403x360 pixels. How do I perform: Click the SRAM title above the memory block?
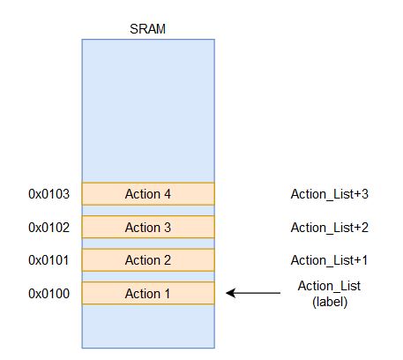147,29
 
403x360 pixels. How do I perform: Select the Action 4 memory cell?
148,194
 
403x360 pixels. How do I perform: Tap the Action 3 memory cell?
148,227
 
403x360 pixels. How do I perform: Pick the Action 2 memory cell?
148,260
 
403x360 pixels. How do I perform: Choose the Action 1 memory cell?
148,293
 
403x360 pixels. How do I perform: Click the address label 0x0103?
49,194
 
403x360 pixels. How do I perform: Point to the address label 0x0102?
49,228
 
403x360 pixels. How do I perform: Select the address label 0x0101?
49,260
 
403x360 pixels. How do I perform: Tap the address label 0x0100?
49,294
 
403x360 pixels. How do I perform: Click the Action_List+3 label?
330,194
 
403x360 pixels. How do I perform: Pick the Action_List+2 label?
330,228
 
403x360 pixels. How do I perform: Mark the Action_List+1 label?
329,260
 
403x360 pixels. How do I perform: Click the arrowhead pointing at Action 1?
230,293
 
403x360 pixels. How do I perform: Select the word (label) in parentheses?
330,302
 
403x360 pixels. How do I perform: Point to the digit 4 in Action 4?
168,194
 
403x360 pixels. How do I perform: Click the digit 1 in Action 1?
168,294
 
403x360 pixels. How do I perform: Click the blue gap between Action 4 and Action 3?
148,211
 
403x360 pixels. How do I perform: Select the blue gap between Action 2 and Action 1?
148,277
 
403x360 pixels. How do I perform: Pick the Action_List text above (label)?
329,286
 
